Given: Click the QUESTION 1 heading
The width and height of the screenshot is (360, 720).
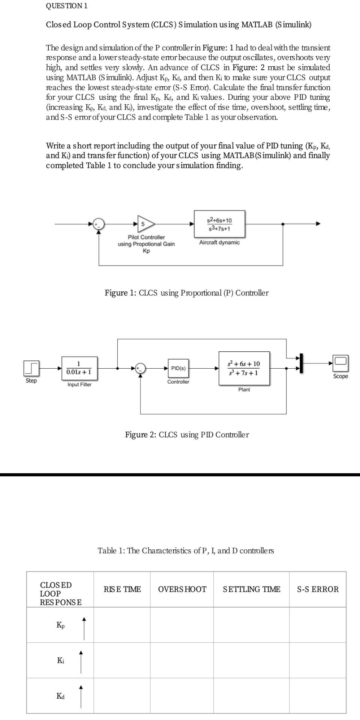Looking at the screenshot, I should pyautogui.click(x=66, y=6).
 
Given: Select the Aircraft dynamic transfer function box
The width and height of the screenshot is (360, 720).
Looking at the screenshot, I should pyautogui.click(x=219, y=224).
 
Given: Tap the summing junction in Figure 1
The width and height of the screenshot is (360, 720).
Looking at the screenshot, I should pyautogui.click(x=99, y=224).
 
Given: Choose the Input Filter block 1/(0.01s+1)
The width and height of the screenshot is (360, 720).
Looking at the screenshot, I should pyautogui.click(x=79, y=368).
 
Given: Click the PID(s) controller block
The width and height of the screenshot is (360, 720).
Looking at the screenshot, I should pyautogui.click(x=178, y=368).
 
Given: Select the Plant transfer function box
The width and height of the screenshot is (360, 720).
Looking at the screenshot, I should pyautogui.click(x=244, y=368).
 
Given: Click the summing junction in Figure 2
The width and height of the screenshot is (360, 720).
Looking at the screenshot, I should pyautogui.click(x=141, y=368).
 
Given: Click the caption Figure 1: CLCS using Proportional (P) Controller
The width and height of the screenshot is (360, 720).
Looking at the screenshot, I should pyautogui.click(x=186, y=293).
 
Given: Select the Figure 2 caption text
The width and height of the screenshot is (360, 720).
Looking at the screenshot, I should pyautogui.click(x=187, y=435).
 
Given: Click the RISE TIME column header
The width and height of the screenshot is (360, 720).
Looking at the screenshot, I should pyautogui.click(x=122, y=589).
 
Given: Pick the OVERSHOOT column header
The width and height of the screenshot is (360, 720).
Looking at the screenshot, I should pyautogui.click(x=182, y=589).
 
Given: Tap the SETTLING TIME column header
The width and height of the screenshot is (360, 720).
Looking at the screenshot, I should pyautogui.click(x=251, y=589).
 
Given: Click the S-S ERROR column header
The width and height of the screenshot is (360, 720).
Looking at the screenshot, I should pyautogui.click(x=318, y=589).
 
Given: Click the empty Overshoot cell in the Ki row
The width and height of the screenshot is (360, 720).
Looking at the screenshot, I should pyautogui.click(x=182, y=660).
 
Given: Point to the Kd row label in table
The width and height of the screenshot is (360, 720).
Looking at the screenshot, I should pyautogui.click(x=60, y=696).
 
